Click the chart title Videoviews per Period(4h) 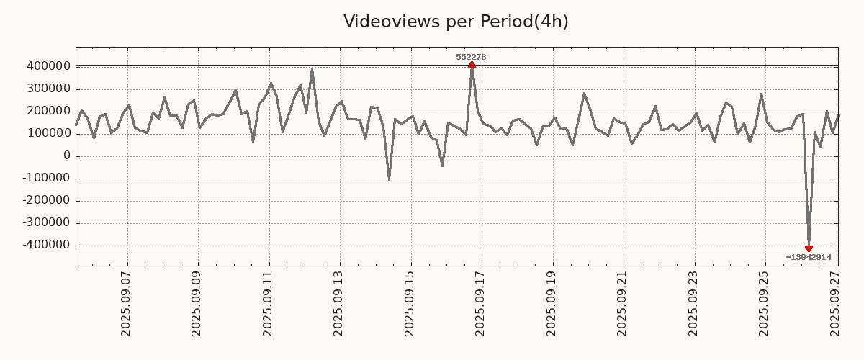456,22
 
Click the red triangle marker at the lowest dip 809,248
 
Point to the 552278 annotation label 471,57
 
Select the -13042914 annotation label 809,257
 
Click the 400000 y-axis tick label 48,66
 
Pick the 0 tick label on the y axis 66,156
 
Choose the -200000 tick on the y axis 45,200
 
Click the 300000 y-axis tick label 48,89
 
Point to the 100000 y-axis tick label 48,133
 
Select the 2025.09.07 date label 126,303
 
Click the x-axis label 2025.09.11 269,303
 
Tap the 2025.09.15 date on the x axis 410,303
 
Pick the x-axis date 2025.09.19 552,303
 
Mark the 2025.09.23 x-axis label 694,303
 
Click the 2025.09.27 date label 836,303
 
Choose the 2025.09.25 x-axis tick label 765,303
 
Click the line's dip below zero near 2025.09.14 389,179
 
